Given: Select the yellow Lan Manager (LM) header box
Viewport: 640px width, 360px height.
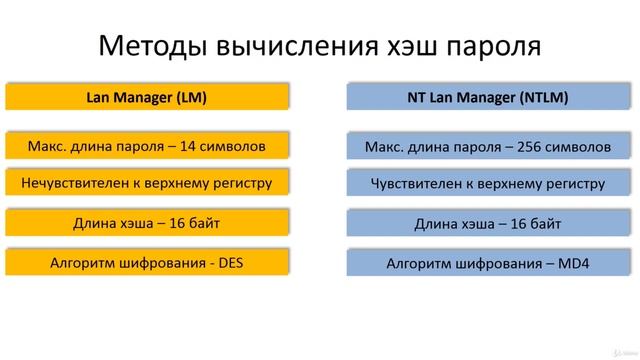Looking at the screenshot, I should pyautogui.click(x=147, y=97).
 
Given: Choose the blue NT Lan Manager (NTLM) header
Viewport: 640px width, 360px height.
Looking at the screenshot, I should pyautogui.click(x=488, y=98).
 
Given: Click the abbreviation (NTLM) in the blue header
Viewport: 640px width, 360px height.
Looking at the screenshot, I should pyautogui.click(x=541, y=98).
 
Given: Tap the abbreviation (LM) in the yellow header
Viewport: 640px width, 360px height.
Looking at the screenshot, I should pyautogui.click(x=190, y=97).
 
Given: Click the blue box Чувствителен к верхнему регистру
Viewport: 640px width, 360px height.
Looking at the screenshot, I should pyautogui.click(x=488, y=184).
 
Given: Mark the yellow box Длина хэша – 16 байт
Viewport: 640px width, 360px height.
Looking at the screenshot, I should pyautogui.click(x=147, y=223).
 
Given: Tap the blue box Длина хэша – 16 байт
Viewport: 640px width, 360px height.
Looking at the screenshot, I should pyautogui.click(x=488, y=224).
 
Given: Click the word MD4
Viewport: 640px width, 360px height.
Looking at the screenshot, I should pyautogui.click(x=574, y=264).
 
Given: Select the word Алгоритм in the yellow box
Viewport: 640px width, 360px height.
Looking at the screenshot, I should pyautogui.click(x=84, y=263).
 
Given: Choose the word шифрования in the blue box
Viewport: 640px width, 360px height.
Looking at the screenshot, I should pyautogui.click(x=499, y=264).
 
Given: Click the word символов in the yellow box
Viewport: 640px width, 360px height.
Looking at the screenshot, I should pyautogui.click(x=238, y=146).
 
